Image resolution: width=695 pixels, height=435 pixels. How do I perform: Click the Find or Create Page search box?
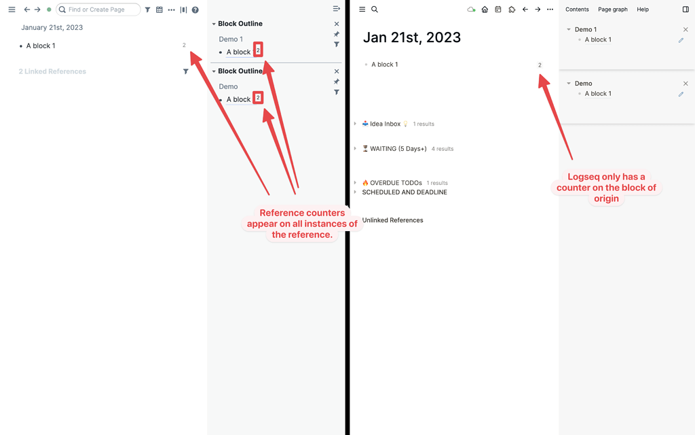(x=98, y=10)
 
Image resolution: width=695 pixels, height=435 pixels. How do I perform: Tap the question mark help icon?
(x=195, y=10)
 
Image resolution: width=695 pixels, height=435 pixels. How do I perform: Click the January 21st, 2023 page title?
(x=52, y=27)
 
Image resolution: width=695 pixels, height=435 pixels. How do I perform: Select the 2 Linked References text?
(x=52, y=71)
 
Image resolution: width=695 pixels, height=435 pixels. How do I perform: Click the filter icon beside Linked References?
(x=186, y=71)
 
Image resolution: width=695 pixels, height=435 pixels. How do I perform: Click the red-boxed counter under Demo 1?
(x=258, y=50)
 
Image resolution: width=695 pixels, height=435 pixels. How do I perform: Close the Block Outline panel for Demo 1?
(x=337, y=24)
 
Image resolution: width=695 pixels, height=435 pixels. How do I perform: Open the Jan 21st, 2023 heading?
(x=412, y=37)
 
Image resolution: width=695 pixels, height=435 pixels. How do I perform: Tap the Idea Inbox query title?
(x=385, y=124)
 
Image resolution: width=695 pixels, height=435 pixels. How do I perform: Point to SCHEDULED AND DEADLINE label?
(x=405, y=192)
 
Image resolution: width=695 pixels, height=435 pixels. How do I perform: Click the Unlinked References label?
(x=393, y=220)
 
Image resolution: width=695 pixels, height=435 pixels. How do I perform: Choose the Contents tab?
(x=577, y=10)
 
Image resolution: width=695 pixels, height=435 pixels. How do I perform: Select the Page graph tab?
(x=613, y=10)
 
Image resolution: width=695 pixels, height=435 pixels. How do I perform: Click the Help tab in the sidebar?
(x=643, y=10)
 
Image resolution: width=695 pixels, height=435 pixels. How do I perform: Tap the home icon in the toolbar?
(x=485, y=10)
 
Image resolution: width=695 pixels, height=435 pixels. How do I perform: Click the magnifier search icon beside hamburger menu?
(x=375, y=10)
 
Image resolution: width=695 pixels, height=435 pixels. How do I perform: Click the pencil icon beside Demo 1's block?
(x=681, y=40)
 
